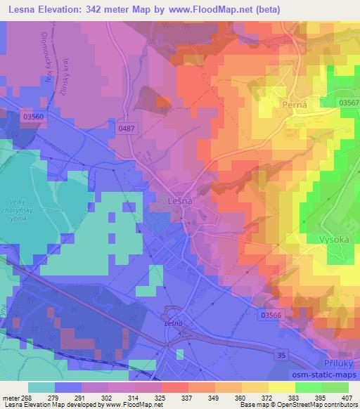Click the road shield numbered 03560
[32, 116]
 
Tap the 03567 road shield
[347, 103]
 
